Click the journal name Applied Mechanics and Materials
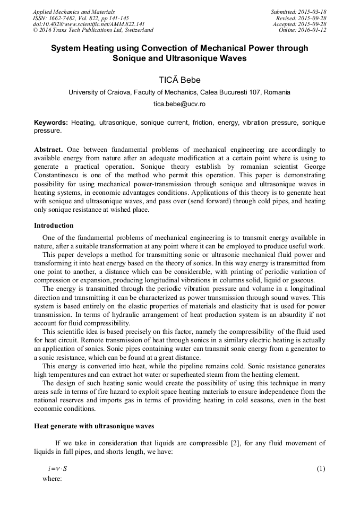[x=74, y=12]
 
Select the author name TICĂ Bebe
[x=179, y=80]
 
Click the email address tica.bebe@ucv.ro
[x=179, y=104]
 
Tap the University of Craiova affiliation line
[x=179, y=92]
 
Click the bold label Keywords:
[x=51, y=123]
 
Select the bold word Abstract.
[x=48, y=150]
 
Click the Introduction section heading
[x=54, y=226]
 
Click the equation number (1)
[x=321, y=469]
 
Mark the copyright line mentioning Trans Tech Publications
[x=93, y=30]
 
